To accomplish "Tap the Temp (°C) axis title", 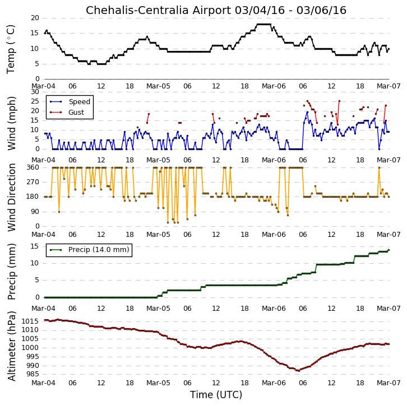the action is [x=11, y=49].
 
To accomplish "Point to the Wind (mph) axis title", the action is [x=12, y=123].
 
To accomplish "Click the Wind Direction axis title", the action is [x=12, y=197].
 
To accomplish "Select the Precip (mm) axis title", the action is [x=12, y=272].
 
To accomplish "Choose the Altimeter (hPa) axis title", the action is [x=12, y=346].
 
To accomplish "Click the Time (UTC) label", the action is [x=216, y=395].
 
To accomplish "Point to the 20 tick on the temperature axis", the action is [x=35, y=18].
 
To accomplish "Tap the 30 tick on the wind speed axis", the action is [x=35, y=92].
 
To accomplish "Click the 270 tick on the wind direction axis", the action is [x=33, y=182].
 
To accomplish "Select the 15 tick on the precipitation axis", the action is [x=35, y=246].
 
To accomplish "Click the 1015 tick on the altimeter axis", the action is [x=31, y=321].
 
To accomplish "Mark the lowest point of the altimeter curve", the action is [x=299, y=371].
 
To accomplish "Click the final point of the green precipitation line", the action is [x=388, y=250].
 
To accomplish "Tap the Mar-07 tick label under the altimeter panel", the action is [x=388, y=383].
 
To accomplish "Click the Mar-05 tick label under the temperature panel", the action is [x=158, y=86].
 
